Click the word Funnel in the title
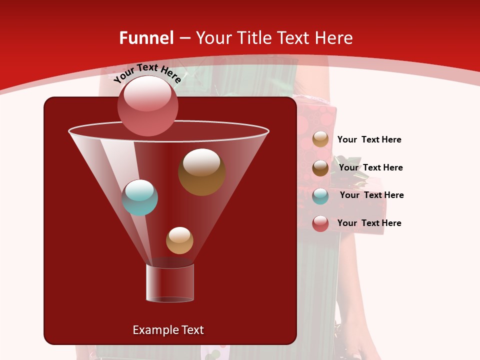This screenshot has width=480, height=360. point(146,38)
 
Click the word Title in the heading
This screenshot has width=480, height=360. point(254,38)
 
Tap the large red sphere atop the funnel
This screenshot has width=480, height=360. point(147,105)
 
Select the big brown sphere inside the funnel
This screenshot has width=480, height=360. point(201,172)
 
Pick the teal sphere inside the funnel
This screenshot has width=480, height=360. point(139,197)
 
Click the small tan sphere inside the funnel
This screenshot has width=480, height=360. point(179,240)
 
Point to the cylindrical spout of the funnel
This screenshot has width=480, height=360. point(170,283)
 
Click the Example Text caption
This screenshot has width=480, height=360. point(168,330)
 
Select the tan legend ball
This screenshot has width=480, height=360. point(320,139)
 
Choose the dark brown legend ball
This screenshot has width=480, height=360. point(320,168)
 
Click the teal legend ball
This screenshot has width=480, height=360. point(320,196)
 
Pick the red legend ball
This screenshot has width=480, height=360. point(320,224)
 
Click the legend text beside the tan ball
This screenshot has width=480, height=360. point(369,139)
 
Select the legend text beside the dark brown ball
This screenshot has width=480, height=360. point(370,167)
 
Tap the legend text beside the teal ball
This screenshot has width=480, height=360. point(371,195)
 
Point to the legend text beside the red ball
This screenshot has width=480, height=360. point(369,223)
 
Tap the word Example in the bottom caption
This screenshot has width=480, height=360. point(152,330)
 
